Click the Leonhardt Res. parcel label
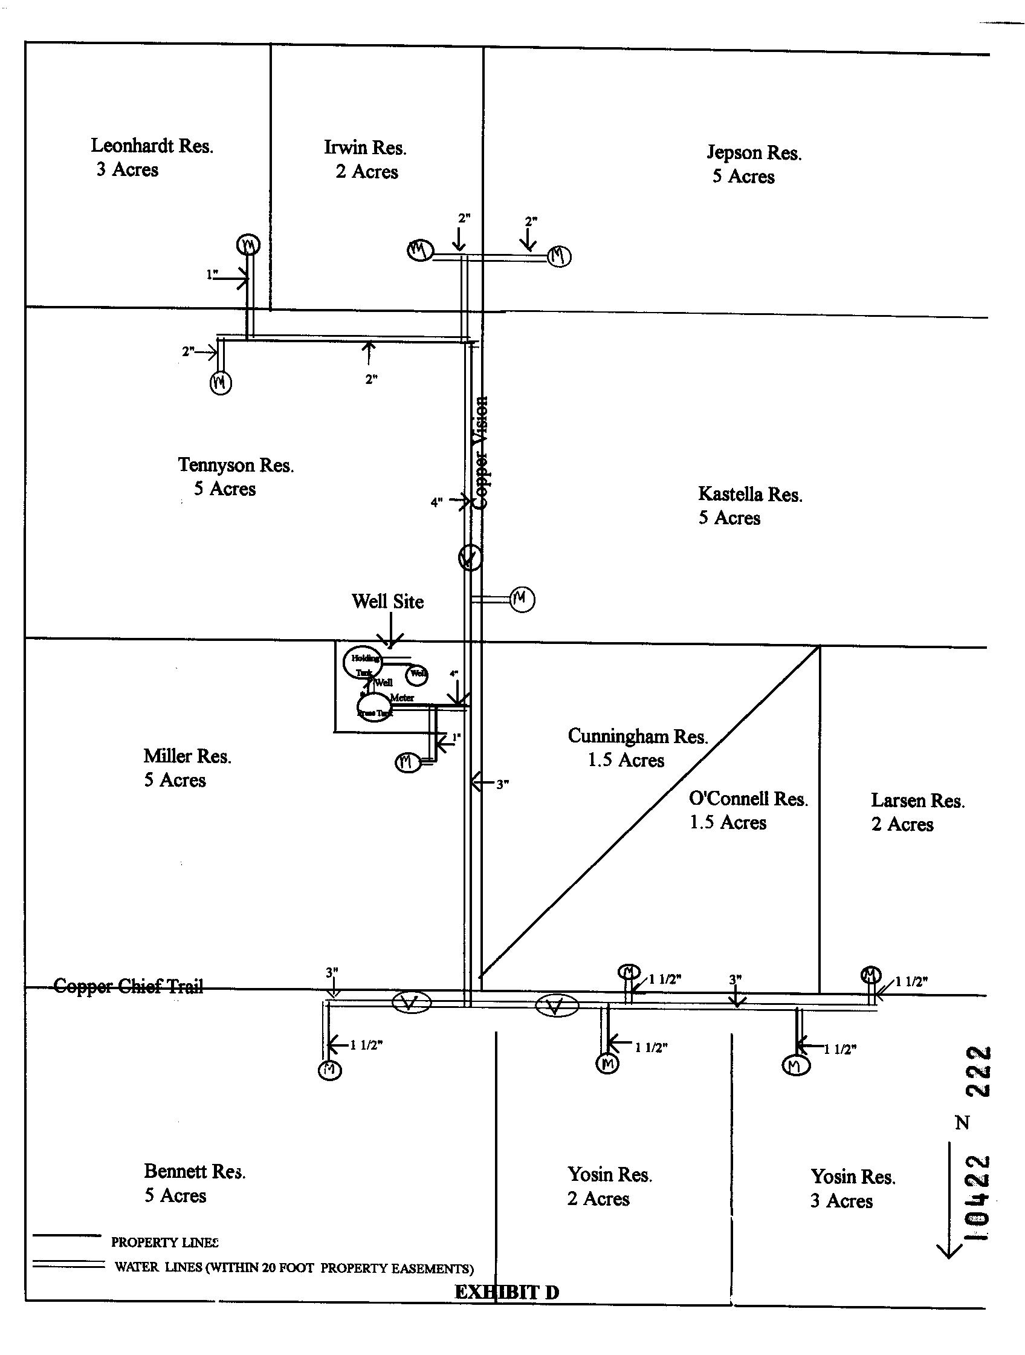point(152,146)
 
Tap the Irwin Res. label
point(365,148)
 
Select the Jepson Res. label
point(754,152)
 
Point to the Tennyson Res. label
point(236,465)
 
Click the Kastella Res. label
point(750,495)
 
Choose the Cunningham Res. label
point(638,736)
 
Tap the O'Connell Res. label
point(748,799)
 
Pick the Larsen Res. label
point(917,801)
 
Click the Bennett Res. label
point(195,1171)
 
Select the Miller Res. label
point(187,756)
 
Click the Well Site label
point(387,602)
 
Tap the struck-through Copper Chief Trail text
point(129,986)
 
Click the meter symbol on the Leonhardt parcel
point(248,245)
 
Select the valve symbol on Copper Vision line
point(470,557)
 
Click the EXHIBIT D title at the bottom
point(506,1292)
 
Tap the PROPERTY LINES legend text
point(164,1243)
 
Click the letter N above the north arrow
point(962,1123)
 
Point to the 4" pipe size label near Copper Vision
point(436,503)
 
